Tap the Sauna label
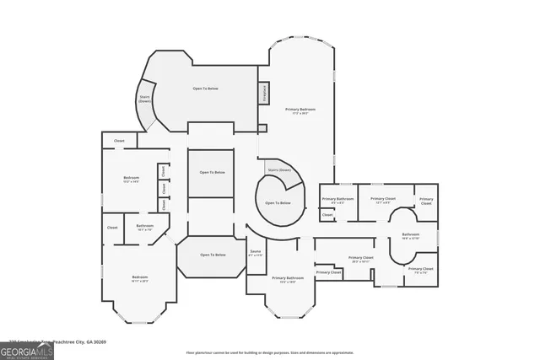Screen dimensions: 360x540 point(256,252)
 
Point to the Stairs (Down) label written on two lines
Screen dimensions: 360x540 point(144,98)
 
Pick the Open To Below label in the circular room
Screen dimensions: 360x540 point(278,202)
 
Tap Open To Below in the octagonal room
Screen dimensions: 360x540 point(212,255)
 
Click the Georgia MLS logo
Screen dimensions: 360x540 point(27,351)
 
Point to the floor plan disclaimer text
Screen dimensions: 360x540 point(270,352)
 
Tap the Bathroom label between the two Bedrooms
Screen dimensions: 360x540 point(145,226)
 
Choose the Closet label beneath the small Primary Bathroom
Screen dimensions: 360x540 point(327,215)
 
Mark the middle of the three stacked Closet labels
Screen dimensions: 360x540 point(163,187)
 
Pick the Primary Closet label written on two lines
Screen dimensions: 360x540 point(426,201)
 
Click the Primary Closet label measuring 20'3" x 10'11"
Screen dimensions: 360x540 point(360,258)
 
